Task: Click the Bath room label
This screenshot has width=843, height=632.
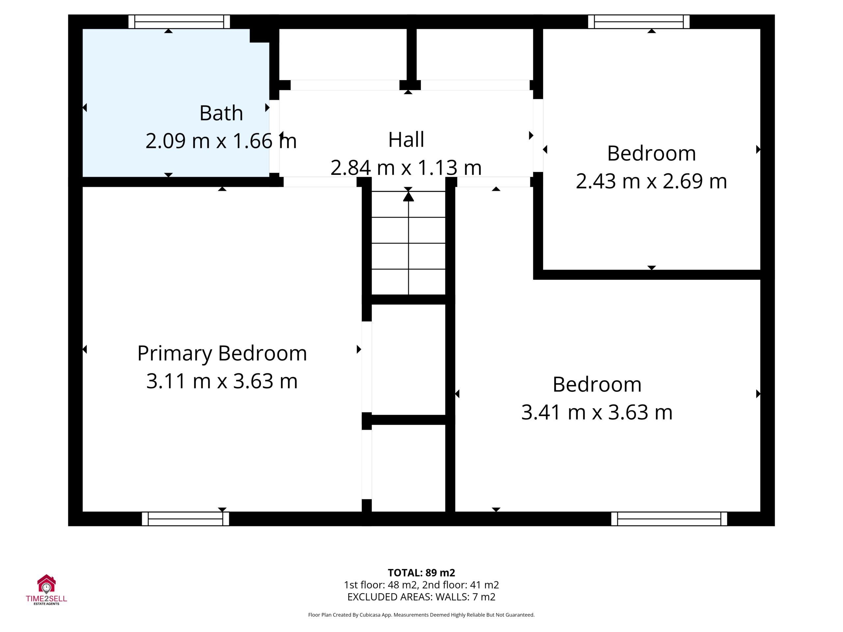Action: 221,113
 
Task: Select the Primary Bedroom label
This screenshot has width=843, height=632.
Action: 222,354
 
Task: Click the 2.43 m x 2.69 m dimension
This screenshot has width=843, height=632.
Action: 651,181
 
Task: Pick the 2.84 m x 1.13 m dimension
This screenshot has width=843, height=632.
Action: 406,168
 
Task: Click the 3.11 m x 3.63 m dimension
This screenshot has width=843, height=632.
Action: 222,381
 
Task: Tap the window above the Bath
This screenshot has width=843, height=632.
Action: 179,22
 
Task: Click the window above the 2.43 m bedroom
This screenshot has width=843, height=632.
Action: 639,22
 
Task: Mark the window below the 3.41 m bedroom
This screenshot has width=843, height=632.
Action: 669,519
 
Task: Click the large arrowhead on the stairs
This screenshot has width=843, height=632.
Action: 409,197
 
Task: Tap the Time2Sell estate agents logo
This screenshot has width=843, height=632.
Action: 46,590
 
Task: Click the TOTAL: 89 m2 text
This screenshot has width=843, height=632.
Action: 421,573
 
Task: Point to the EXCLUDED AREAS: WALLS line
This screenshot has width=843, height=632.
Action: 421,597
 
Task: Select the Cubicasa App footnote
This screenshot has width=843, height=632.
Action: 421,615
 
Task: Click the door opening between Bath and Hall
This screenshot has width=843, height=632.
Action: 274,136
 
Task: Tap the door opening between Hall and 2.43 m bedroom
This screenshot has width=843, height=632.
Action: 538,135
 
